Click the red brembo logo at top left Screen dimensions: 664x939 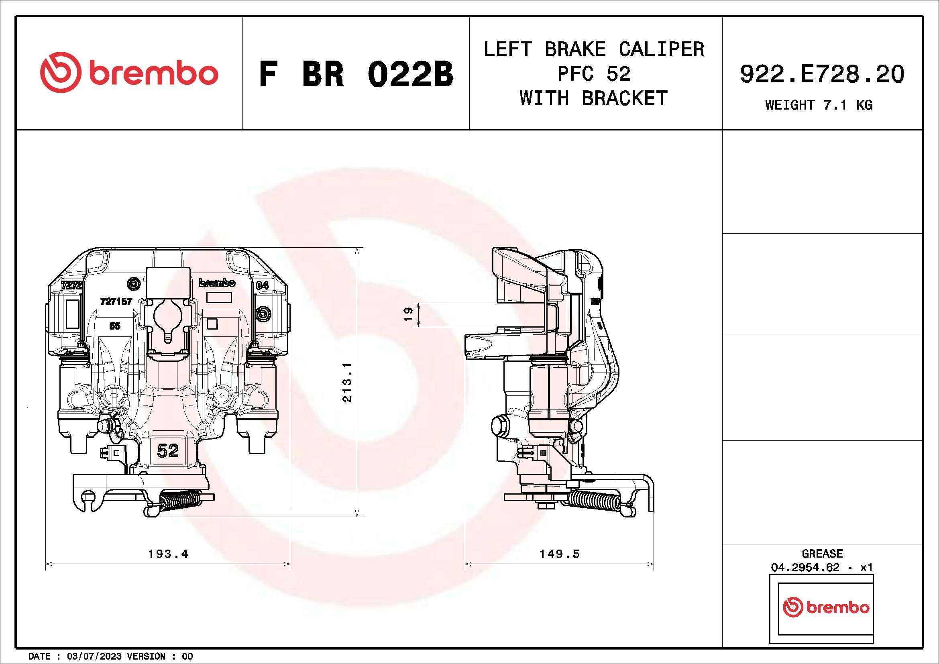129,72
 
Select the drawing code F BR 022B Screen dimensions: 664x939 356,74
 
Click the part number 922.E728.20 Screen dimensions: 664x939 822,74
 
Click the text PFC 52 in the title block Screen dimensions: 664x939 594,74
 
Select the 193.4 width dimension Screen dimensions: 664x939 168,554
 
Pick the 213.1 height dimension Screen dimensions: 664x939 347,382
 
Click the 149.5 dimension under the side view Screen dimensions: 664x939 559,554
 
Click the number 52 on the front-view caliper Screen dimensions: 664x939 168,451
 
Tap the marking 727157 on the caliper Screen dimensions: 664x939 116,301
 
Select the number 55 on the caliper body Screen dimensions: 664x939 115,326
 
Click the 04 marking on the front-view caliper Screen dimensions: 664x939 262,285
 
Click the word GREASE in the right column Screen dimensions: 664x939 822,554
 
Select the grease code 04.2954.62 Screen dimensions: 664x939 805,568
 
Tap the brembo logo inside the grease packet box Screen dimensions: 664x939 826,607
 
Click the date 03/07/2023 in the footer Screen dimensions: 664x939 94,656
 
